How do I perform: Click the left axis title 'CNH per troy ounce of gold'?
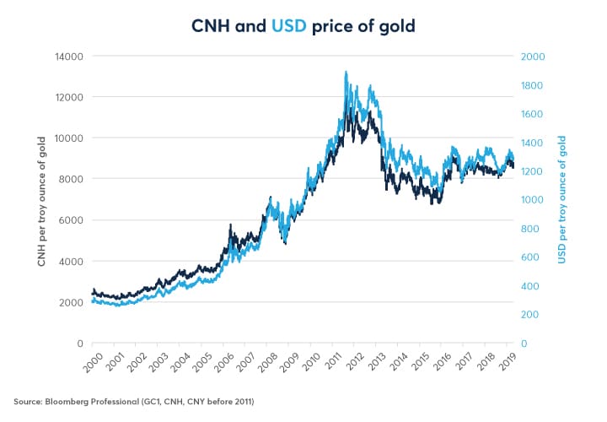click(x=42, y=199)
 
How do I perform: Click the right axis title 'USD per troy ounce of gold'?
click(x=563, y=199)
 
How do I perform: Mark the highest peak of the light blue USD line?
click(x=346, y=73)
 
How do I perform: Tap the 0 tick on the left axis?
click(x=77, y=344)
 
